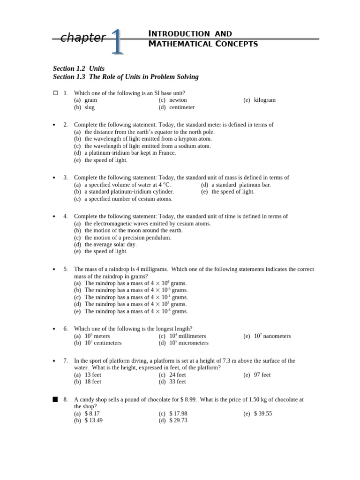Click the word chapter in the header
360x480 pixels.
(83, 38)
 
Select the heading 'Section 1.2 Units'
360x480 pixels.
(79, 68)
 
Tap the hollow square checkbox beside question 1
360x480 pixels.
(55, 93)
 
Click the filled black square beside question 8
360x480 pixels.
(55, 399)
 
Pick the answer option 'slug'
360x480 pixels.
(90, 107)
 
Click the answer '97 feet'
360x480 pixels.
(262, 375)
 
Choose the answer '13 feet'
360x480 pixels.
(93, 375)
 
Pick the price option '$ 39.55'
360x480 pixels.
(262, 413)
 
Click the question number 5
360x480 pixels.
(66, 269)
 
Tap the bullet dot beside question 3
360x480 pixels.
(54, 178)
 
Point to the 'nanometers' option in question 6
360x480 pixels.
(277, 336)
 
